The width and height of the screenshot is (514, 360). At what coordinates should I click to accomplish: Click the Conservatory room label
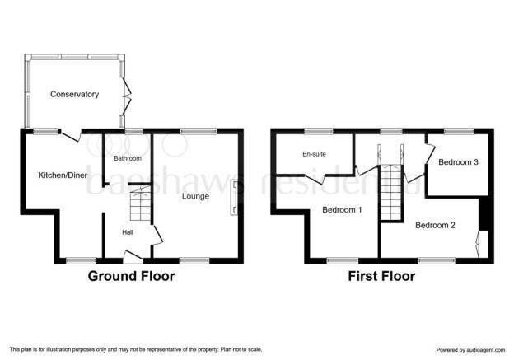coord(74,95)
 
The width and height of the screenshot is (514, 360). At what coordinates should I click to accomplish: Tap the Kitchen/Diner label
coord(63,175)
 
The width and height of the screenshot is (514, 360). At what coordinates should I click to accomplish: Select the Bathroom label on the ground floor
coord(128,158)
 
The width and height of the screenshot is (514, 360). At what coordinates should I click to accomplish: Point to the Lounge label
coord(195,196)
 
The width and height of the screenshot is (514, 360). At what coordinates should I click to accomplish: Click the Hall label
coord(128,232)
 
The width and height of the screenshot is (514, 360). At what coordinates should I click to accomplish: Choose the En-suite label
coord(314,154)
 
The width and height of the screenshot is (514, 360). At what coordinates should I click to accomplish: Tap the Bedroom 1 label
coord(342,209)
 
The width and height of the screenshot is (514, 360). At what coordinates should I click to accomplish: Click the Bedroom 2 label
coord(435,225)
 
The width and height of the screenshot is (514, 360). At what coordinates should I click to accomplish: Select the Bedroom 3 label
coord(458,162)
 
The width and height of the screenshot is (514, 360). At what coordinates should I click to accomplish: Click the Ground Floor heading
coord(131,276)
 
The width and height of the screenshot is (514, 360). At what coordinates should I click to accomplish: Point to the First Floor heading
coord(381,276)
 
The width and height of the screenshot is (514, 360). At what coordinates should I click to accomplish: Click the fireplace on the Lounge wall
coord(235,198)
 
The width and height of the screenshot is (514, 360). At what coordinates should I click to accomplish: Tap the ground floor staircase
coord(140,203)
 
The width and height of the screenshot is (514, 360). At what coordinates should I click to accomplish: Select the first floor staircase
coord(391,192)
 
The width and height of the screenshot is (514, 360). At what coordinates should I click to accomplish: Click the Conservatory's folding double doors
coord(126,96)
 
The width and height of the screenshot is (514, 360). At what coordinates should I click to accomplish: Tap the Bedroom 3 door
coord(430,153)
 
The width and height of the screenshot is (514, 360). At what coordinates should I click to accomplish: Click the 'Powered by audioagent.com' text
coord(470,350)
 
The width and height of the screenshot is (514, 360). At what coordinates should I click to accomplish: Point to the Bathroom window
coord(134,131)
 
